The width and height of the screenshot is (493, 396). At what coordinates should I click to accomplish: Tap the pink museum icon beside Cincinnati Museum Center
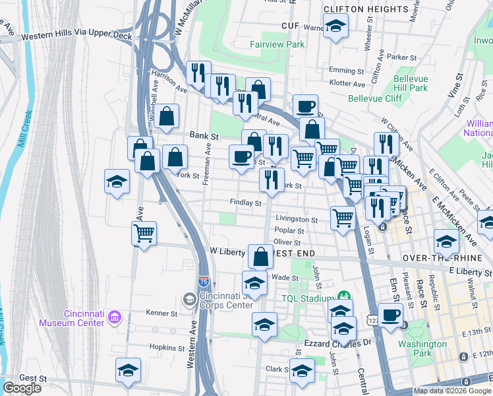tap(115, 318)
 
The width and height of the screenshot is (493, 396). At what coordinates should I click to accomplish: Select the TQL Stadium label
tap(308, 298)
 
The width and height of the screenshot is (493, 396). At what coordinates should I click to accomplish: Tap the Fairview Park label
tap(277, 44)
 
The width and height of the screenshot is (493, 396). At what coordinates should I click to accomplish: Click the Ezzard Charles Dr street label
tap(339, 344)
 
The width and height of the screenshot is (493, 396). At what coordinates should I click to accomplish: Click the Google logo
tap(22, 387)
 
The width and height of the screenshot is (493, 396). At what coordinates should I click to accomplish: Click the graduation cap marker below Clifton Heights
tap(336, 27)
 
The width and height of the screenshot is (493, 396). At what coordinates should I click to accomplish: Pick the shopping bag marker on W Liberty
tap(260, 255)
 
